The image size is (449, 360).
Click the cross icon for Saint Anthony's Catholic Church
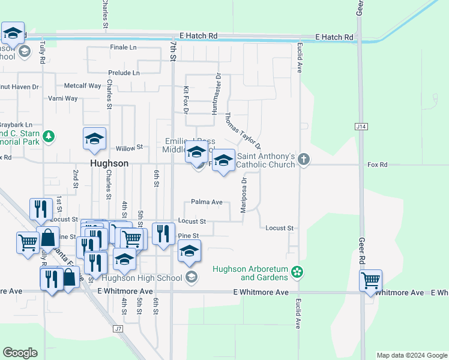304,159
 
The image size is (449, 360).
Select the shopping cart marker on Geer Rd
370,280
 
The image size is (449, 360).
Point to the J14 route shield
360,127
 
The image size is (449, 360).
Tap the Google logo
20,352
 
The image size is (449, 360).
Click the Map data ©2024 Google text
411,355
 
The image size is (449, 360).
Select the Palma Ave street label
207,202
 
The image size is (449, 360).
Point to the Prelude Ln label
124,73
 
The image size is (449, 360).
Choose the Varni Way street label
63,98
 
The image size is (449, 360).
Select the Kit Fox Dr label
186,100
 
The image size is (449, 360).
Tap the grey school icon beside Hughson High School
191,277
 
